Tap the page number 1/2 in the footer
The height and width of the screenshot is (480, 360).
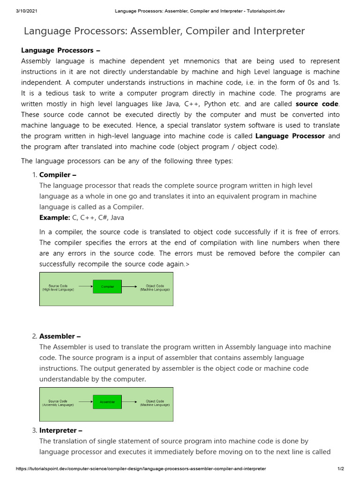point(341,468)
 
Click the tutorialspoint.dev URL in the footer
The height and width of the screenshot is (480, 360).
point(141,468)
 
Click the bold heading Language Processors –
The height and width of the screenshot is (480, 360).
point(61,50)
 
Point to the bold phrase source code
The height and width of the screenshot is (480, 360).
point(317,104)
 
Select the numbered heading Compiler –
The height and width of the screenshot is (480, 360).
point(58,175)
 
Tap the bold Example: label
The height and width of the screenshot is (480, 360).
point(54,217)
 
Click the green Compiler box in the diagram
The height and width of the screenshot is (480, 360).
point(107,286)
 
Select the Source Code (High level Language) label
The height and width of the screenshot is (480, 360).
point(58,287)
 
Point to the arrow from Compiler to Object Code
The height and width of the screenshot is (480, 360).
point(129,286)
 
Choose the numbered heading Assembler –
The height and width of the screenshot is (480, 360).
point(60,336)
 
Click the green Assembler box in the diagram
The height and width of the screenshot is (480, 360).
point(107,402)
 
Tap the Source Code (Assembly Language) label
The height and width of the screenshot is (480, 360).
point(58,403)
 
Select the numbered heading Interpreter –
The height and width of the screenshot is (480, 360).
point(61,430)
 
